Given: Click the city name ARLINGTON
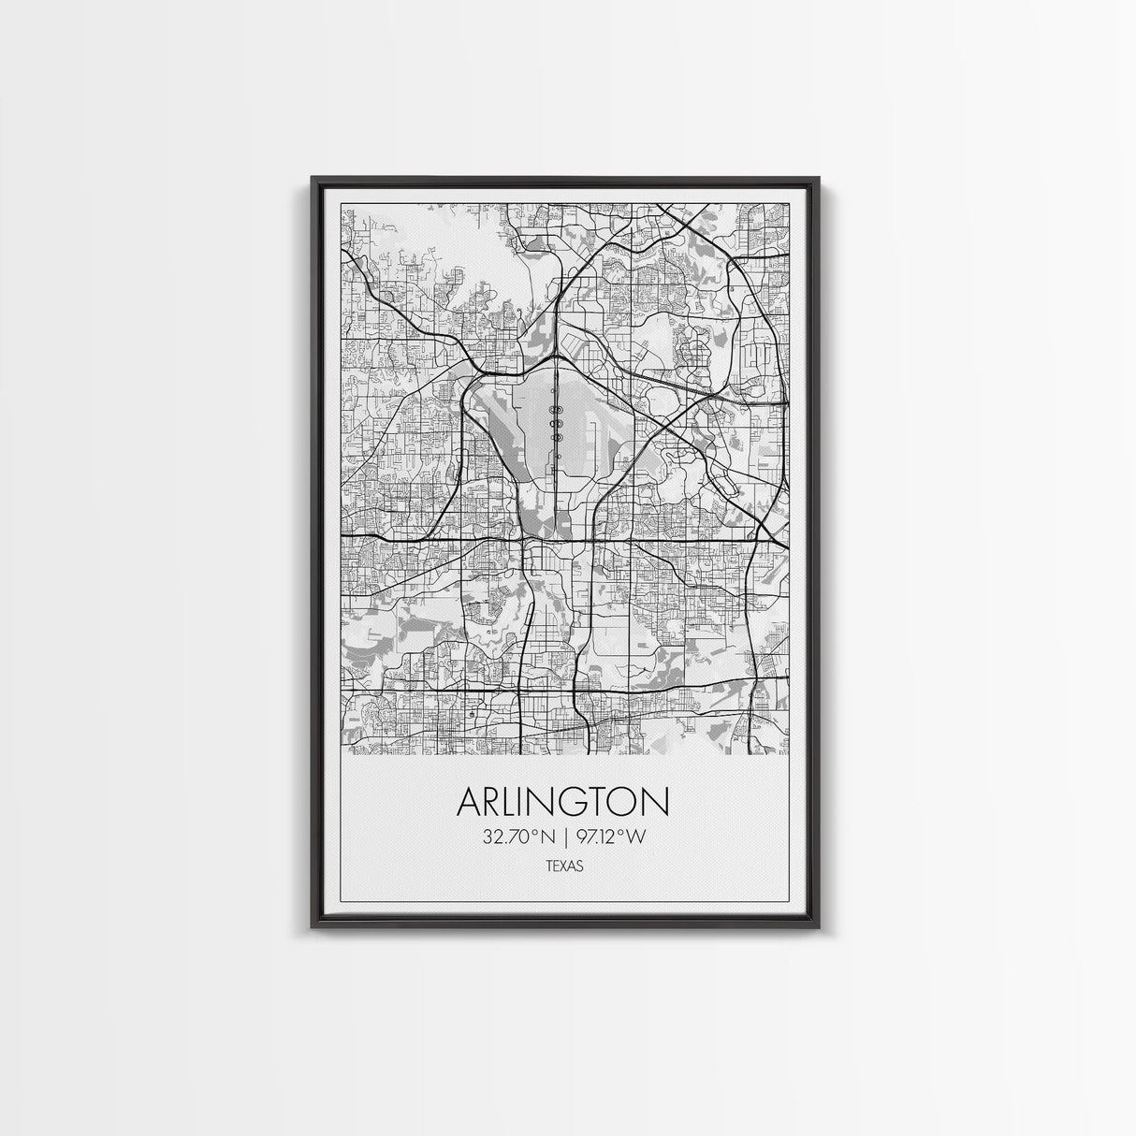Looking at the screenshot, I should (563, 803).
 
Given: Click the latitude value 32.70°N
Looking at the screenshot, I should (515, 837).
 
